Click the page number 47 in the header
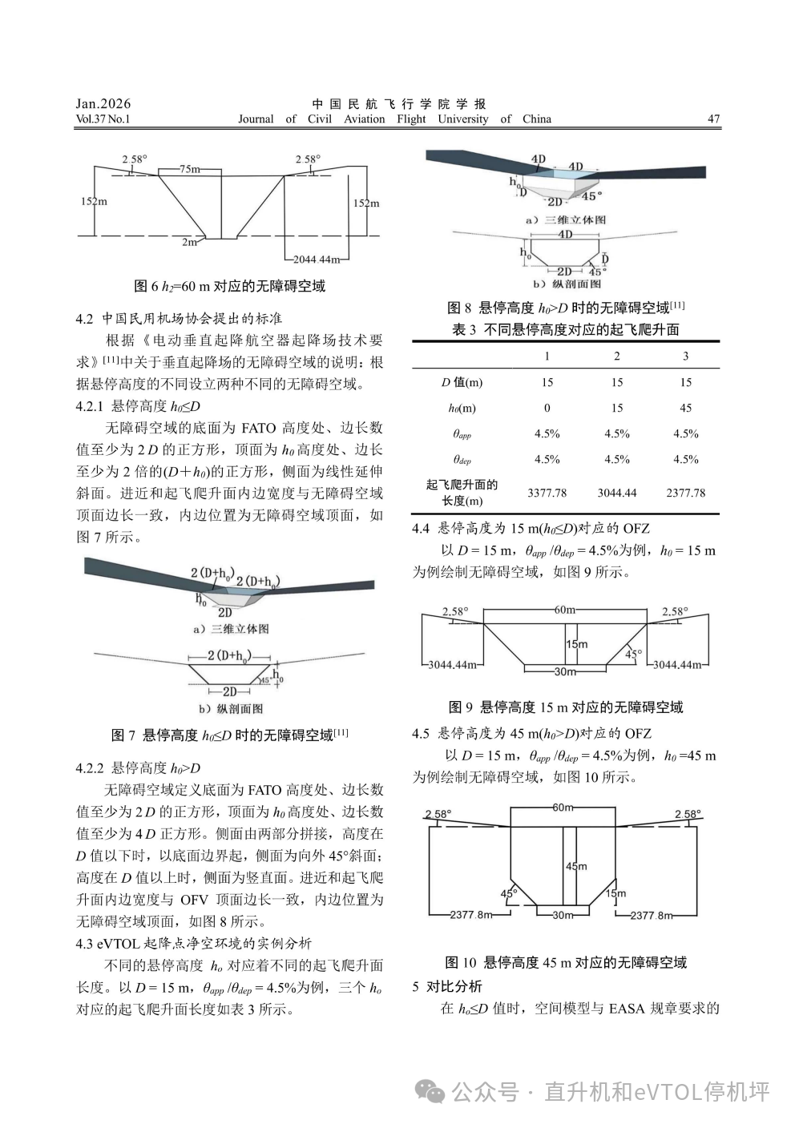coord(713,119)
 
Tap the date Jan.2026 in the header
coord(103,103)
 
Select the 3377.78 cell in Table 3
coord(547,493)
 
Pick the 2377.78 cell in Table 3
coord(686,493)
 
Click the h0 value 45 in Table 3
coord(686,408)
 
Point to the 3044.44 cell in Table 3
coord(617,493)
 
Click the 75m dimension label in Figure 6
coord(189,169)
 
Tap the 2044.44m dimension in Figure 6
coord(317,260)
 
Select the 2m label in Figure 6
coord(189,242)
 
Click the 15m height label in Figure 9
coord(577,644)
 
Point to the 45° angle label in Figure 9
coord(633,654)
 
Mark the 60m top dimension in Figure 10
coord(563,808)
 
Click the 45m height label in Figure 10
coord(576,866)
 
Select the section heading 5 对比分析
coord(447,986)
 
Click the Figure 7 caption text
coord(230,735)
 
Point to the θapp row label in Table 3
coord(462,434)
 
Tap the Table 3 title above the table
coord(566,329)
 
